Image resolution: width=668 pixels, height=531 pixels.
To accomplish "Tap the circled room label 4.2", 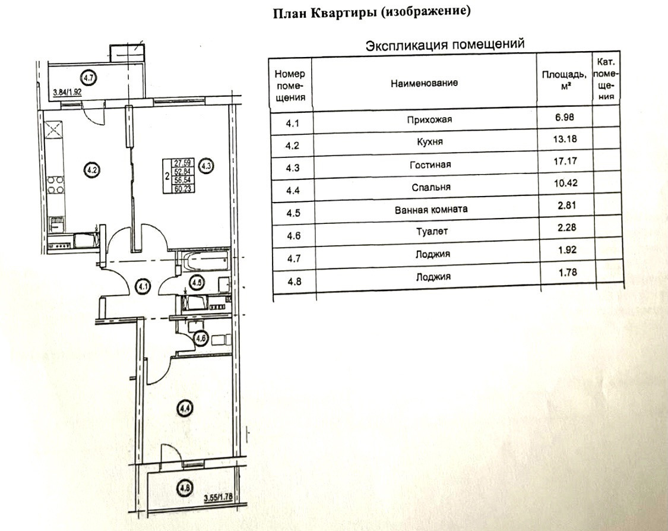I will pos(91,168).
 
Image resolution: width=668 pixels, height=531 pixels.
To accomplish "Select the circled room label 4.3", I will pos(206,166).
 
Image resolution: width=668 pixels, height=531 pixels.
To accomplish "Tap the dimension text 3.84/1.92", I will pos(67,92).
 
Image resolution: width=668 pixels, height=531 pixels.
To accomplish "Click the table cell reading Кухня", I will pos(425,142).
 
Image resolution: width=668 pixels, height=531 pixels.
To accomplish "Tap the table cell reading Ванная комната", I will pos(423,210).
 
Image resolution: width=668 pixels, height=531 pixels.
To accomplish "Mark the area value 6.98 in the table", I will pos(565,117).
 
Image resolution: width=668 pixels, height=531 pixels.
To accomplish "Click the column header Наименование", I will pos(424,83).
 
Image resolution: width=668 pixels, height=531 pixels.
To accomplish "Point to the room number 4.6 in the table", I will pos(293,235).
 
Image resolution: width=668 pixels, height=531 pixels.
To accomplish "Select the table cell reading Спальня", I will pos(425,187).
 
